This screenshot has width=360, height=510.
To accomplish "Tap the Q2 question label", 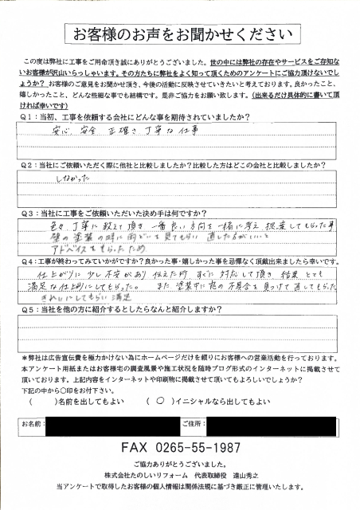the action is (24, 167).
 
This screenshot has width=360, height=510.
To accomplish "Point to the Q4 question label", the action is (24, 260).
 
